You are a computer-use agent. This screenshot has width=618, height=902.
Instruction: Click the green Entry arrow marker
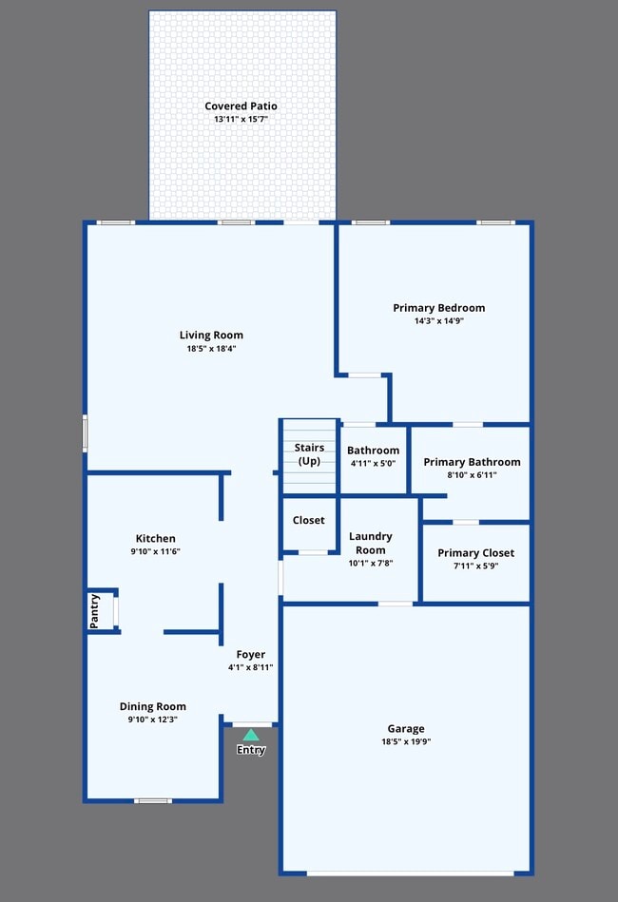point(251,735)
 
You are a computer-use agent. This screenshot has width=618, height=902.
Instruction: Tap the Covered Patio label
point(241,106)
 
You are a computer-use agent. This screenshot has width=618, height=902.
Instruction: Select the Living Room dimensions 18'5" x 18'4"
point(211,349)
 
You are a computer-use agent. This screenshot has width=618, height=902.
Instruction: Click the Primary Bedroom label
point(438,308)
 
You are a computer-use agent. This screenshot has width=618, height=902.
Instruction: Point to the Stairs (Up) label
point(309,454)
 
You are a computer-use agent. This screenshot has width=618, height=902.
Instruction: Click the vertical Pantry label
point(95,610)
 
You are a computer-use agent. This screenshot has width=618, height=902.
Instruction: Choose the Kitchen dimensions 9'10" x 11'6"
point(155,552)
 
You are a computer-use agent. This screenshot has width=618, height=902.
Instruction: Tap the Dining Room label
point(152,706)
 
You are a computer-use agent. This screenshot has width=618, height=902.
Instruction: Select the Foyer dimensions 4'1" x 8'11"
point(251,667)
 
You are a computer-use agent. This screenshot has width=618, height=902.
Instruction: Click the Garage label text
point(406,729)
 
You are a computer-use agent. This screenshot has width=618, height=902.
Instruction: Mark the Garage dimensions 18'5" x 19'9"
point(406,741)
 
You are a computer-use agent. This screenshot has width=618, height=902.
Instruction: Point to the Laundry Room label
point(370,543)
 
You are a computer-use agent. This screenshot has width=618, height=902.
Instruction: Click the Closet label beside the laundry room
point(308,520)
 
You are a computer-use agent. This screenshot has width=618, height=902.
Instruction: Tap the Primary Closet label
point(475,553)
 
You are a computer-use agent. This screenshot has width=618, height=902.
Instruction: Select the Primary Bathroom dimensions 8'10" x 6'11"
point(472,475)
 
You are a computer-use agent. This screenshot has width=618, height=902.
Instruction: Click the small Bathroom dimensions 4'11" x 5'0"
point(373,464)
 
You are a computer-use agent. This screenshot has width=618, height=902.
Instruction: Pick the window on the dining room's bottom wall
point(152,800)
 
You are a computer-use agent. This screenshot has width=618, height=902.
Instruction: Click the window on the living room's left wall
point(85,432)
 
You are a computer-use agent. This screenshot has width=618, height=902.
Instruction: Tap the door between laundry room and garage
point(396,604)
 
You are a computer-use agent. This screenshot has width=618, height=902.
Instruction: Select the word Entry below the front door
point(251,750)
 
